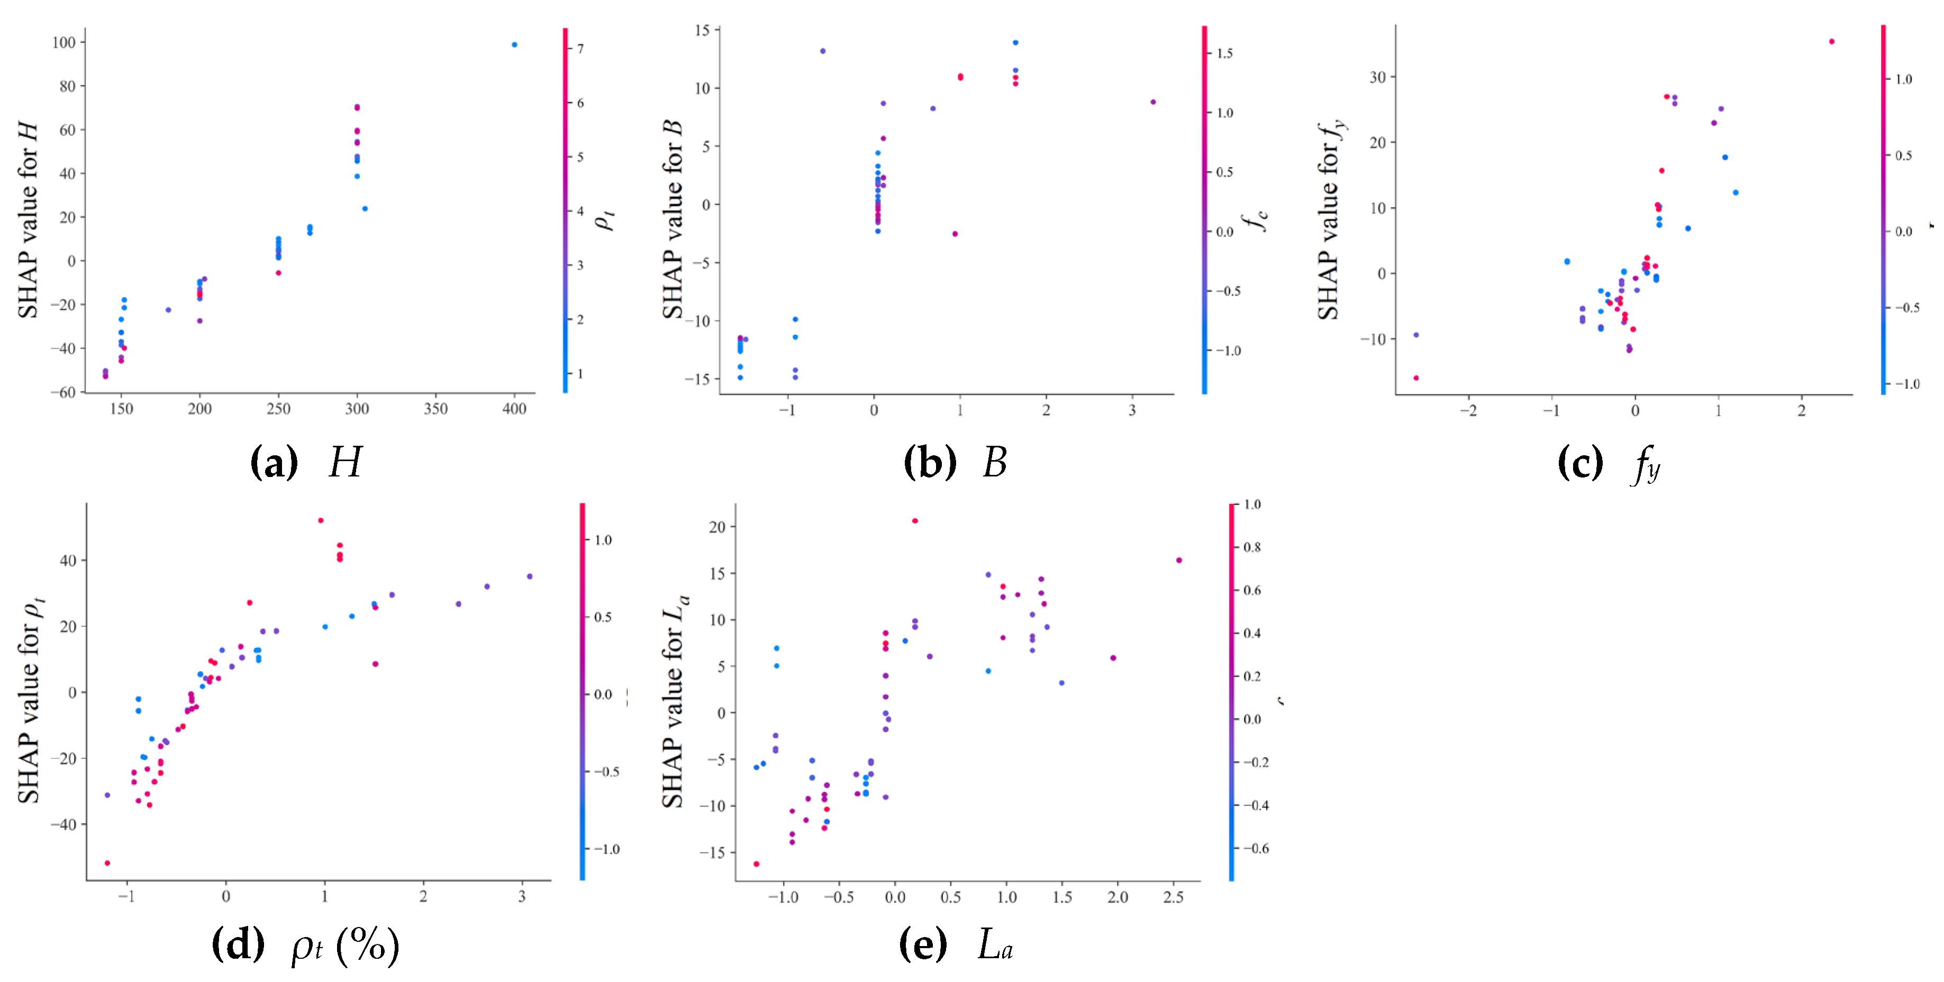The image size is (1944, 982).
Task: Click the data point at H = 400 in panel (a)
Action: [515, 44]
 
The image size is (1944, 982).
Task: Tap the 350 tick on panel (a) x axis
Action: [435, 409]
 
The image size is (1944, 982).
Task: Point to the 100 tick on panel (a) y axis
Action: [64, 43]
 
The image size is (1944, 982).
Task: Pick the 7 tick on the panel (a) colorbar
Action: [580, 48]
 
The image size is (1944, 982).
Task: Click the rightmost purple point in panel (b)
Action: [1152, 102]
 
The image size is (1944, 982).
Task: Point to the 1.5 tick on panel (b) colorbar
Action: [1224, 53]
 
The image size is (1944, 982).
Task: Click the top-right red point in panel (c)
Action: [1831, 41]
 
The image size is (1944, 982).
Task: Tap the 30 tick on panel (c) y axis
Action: [1377, 77]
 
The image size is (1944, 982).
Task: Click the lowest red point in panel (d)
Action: [107, 863]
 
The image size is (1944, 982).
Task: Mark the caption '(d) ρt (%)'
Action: [306, 944]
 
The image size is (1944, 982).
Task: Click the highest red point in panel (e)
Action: [915, 520]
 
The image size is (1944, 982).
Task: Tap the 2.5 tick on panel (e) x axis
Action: [1174, 897]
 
